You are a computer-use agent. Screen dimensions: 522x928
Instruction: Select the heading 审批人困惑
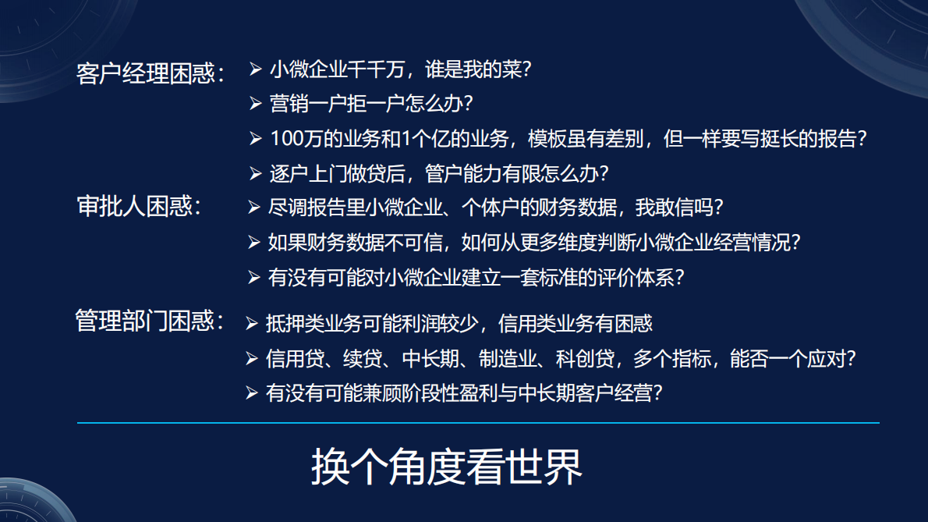pos(139,206)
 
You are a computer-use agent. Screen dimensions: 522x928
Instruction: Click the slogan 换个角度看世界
pos(447,467)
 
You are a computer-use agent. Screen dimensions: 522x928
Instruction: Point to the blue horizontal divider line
pos(478,423)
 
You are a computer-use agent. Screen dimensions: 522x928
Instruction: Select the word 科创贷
pos(584,359)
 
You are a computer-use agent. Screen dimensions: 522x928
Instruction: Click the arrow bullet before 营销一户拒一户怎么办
pos(256,103)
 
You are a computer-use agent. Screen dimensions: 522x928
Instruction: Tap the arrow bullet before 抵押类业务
pos(251,322)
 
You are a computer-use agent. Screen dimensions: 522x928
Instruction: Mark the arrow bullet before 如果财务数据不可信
pos(254,243)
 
